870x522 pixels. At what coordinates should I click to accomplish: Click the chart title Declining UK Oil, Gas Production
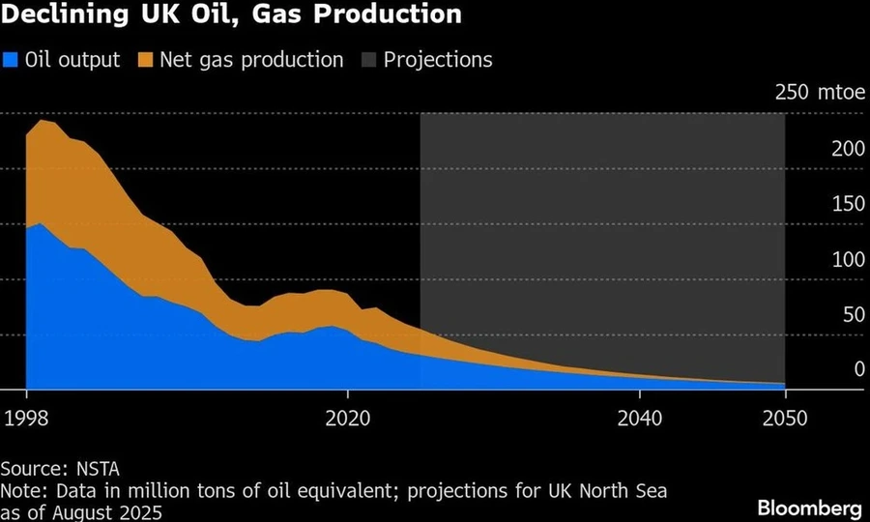[232, 15]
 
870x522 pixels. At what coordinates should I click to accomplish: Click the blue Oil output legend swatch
[12, 60]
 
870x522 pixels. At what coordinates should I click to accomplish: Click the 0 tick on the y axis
[858, 369]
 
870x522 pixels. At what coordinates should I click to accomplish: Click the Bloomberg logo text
[809, 507]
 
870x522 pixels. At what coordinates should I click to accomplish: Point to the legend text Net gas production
[250, 60]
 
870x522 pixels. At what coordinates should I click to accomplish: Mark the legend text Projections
[438, 60]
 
